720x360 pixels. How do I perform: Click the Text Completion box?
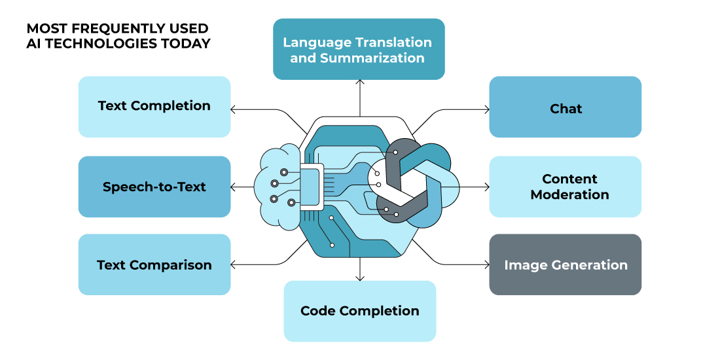pos(154,107)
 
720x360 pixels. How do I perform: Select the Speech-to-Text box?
pos(154,187)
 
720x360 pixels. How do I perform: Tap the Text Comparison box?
pos(154,264)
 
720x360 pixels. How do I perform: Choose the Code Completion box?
pos(359,311)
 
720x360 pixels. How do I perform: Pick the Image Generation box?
pos(566,264)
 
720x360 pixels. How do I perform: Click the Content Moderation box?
pos(566,187)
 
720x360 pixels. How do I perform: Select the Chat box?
pos(566,107)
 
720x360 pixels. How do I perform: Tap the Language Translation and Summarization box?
pos(359,49)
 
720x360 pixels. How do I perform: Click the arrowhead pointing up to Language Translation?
pos(360,82)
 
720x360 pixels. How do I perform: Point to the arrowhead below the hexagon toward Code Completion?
pos(360,278)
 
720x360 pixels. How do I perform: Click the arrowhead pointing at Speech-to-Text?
pos(233,187)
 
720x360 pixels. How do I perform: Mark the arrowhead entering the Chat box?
pos(487,109)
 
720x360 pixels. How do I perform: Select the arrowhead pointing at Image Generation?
pos(487,264)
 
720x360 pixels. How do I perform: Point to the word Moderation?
pos(570,194)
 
